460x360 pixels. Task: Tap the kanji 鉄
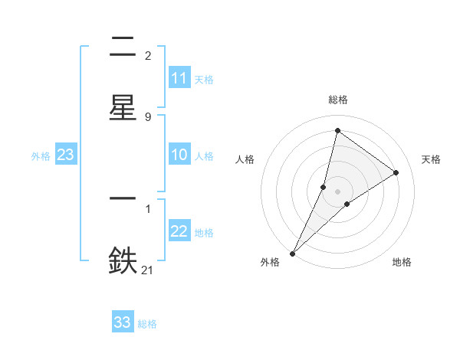point(123,260)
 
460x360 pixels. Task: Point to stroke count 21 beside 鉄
point(147,269)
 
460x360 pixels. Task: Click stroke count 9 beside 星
point(147,117)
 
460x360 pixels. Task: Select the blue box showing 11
point(179,78)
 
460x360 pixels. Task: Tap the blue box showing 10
point(179,155)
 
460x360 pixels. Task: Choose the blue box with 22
point(179,231)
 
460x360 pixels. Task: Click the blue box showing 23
point(65,155)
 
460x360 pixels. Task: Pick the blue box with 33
point(123,322)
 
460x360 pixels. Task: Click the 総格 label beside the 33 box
point(147,324)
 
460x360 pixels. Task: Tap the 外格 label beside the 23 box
point(41,155)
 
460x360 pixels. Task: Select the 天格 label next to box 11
point(204,79)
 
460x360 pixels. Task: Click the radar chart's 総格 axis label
point(338,100)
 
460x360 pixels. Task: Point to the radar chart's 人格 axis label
point(245,159)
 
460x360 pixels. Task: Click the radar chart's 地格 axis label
point(402,263)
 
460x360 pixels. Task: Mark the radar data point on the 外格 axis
point(292,253)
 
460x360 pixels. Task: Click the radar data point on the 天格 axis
point(396,172)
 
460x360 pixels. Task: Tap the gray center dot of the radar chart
point(338,191)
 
